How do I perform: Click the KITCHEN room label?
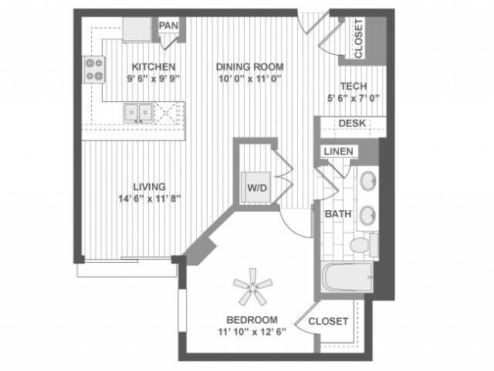[153, 66]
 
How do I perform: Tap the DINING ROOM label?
[249, 66]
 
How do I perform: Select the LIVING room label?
[150, 186]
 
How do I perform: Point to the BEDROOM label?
[252, 320]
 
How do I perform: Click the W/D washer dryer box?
[256, 187]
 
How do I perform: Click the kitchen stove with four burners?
[95, 70]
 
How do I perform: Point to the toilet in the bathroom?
[360, 245]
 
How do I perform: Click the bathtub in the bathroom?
[347, 277]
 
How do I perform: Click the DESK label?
[352, 124]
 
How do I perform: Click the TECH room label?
[352, 87]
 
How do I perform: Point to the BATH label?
[338, 214]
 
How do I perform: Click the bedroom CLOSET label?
[328, 322]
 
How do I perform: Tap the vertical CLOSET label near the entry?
[359, 39]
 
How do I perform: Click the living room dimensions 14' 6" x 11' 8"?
[150, 198]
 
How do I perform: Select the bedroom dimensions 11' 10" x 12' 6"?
[252, 332]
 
